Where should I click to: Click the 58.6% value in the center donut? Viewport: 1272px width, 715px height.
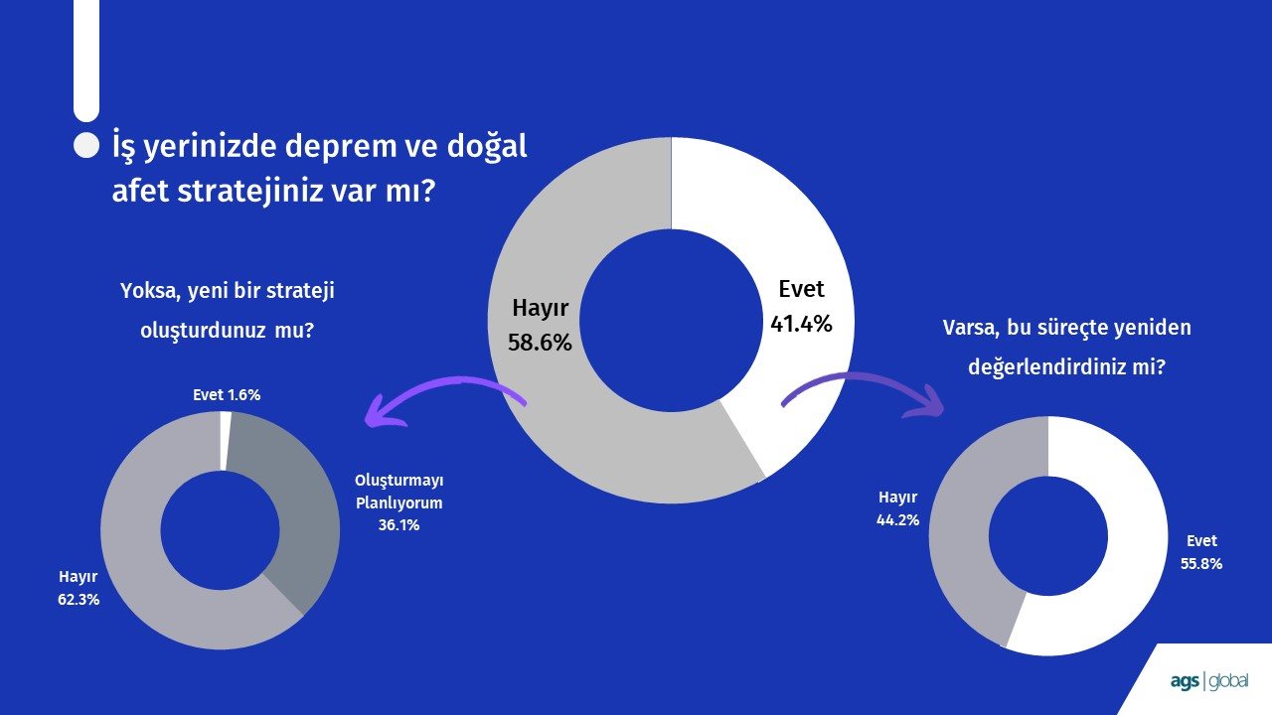[x=540, y=343]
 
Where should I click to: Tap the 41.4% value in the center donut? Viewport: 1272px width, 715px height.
[x=801, y=324]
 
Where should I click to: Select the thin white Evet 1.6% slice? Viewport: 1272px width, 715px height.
[x=226, y=441]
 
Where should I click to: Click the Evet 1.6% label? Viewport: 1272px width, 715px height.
[x=227, y=395]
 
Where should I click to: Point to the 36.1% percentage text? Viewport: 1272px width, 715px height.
[x=398, y=525]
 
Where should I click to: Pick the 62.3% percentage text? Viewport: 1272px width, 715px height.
[x=79, y=600]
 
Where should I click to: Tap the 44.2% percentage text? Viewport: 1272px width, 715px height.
[x=897, y=520]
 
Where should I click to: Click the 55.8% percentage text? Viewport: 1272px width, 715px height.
[x=1201, y=564]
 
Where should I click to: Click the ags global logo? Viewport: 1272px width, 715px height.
[x=1209, y=681]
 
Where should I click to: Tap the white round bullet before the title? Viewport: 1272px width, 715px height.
[x=86, y=146]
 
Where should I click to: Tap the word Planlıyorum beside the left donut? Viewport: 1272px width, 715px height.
[x=398, y=503]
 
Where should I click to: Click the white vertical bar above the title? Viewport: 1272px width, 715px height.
[x=86, y=60]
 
